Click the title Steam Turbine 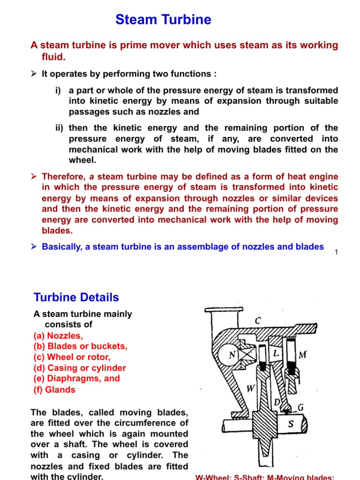click(x=163, y=20)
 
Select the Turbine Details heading click(x=76, y=297)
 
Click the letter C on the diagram click(x=257, y=321)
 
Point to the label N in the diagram click(x=231, y=356)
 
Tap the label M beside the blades click(x=302, y=355)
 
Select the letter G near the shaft click(x=300, y=408)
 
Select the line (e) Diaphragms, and click(x=76, y=378)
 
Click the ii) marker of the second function click(x=60, y=128)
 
